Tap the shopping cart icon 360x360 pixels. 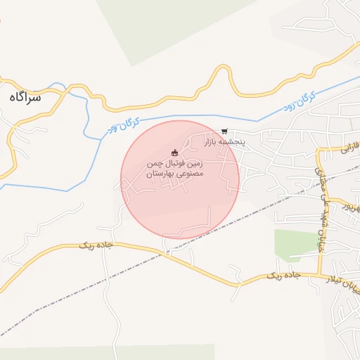click(224, 131)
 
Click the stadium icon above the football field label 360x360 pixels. click(175, 153)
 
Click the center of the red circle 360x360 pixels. click(180, 179)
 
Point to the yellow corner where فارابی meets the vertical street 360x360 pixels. click(318, 152)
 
